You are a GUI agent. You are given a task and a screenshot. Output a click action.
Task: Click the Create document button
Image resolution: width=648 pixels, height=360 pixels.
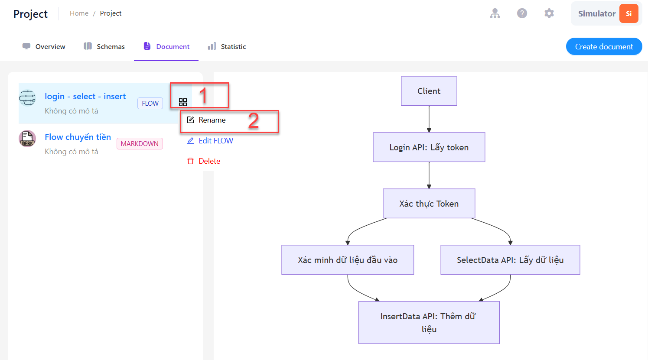[604, 46]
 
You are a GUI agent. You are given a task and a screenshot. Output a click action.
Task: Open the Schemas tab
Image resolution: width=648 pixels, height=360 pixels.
[104, 46]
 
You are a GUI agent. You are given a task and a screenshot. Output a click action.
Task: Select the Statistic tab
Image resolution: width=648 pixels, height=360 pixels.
[227, 46]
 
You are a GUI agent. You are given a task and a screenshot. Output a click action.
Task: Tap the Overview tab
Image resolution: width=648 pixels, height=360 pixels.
[44, 46]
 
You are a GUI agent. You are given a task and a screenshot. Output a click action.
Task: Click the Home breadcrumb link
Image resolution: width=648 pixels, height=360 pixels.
[79, 13]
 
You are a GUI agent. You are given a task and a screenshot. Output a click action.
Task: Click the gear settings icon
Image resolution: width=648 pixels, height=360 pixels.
[549, 13]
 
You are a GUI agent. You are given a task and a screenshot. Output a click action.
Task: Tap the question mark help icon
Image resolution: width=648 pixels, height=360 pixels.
[522, 13]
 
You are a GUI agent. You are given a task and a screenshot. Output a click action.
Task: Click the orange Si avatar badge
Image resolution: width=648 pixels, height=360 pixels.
[628, 13]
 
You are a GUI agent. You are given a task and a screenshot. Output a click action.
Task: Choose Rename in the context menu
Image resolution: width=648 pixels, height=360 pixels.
[212, 120]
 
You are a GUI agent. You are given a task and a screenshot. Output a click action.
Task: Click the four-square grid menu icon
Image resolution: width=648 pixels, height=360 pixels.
[183, 102]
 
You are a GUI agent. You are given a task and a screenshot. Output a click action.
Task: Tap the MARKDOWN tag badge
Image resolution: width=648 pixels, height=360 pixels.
[140, 144]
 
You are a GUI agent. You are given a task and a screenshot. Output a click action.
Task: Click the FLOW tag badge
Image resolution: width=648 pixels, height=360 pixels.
[150, 103]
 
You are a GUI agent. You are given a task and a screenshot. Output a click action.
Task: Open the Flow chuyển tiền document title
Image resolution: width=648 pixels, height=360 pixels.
[78, 137]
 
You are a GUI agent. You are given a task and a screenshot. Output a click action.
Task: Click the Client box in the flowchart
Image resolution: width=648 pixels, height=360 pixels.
[429, 91]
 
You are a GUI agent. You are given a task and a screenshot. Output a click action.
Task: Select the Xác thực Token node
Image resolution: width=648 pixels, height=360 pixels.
[429, 204]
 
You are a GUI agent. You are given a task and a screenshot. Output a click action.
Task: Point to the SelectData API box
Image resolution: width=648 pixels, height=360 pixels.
[510, 260]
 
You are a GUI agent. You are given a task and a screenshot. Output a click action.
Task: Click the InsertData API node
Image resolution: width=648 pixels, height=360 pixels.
[429, 323]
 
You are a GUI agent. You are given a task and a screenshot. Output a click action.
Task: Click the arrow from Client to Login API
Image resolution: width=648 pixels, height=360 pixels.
[429, 119]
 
